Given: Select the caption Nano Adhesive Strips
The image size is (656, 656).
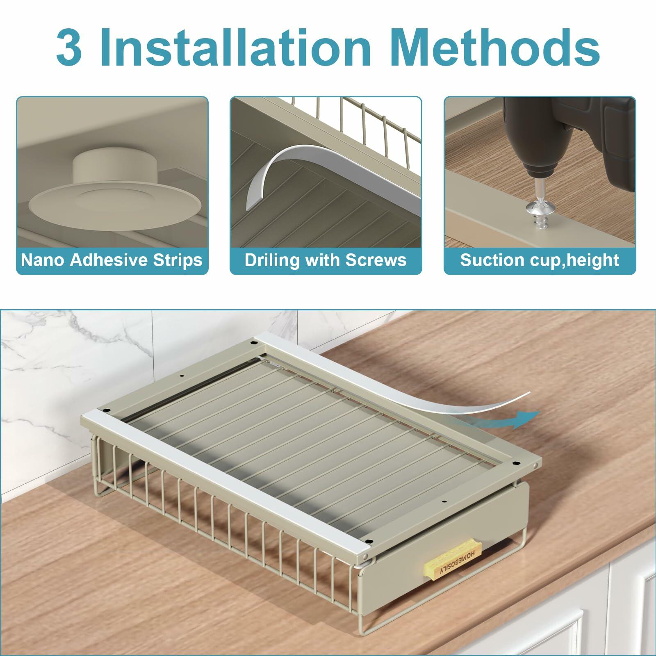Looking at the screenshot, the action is [112, 260].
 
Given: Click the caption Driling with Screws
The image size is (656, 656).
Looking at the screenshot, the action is [326, 260].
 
